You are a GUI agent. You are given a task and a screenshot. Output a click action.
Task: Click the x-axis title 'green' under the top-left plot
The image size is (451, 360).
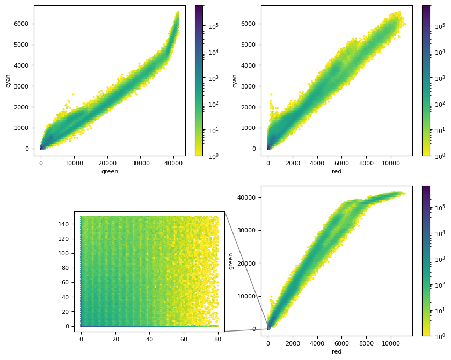tap(110, 172)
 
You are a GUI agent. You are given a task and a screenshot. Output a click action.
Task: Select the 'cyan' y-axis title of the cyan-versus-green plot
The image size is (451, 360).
tap(8, 80)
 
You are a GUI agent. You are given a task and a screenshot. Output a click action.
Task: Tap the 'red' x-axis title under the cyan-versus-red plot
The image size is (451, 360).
tap(337, 172)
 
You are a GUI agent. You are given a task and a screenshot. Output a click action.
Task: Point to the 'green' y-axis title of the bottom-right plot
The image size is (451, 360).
tap(231, 261)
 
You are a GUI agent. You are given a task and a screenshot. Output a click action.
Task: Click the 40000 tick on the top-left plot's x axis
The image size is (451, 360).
tap(173, 164)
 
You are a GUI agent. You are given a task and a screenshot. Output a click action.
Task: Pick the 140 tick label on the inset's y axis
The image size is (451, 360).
tap(66, 224)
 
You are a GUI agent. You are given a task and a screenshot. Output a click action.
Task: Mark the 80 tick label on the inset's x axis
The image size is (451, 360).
tap(217, 339)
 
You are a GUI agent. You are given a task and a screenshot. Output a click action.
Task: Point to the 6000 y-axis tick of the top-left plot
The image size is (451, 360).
tap(21, 24)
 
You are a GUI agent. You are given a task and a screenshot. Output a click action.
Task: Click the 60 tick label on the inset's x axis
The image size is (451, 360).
tap(184, 339)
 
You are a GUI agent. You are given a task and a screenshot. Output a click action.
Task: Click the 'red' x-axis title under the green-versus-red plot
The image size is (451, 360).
tap(337, 352)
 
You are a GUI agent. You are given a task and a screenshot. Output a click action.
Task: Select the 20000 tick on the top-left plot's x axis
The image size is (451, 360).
tap(107, 164)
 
